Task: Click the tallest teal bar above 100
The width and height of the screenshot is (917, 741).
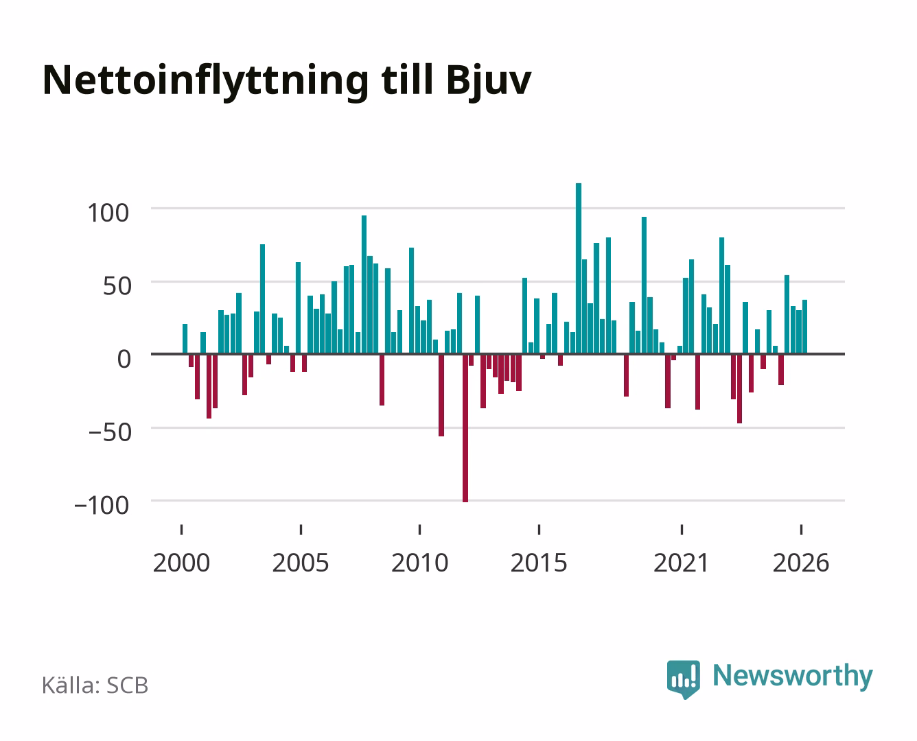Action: click(x=579, y=268)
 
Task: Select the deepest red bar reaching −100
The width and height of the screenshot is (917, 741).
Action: click(x=465, y=428)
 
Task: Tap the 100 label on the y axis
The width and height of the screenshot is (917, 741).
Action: click(x=108, y=213)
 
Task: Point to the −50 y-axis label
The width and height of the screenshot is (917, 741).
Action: click(x=111, y=432)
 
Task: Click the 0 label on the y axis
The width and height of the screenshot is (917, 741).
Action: click(x=124, y=359)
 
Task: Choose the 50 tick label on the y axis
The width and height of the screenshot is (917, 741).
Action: click(x=117, y=286)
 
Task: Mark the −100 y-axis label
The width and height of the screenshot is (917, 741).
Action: click(x=102, y=505)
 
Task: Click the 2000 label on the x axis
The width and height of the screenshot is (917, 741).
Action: click(x=181, y=563)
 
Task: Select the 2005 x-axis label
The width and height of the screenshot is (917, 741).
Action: click(x=301, y=563)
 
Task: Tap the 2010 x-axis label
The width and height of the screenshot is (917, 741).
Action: click(x=420, y=563)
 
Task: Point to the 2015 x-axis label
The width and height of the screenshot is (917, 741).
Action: click(x=539, y=563)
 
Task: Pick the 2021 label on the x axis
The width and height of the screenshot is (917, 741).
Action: click(x=682, y=563)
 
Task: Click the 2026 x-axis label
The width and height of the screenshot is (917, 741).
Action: click(x=801, y=563)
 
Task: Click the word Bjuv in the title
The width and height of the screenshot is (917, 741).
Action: click(x=489, y=82)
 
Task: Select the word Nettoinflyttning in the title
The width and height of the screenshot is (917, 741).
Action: click(x=206, y=82)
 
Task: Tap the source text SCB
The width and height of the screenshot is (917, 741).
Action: click(x=128, y=685)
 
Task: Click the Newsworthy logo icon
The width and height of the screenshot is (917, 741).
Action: click(x=683, y=679)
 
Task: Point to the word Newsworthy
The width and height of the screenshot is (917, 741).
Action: click(x=793, y=677)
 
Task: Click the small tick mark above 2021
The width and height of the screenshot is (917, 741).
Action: click(x=682, y=530)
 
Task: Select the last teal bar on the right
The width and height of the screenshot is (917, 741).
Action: click(x=804, y=327)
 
